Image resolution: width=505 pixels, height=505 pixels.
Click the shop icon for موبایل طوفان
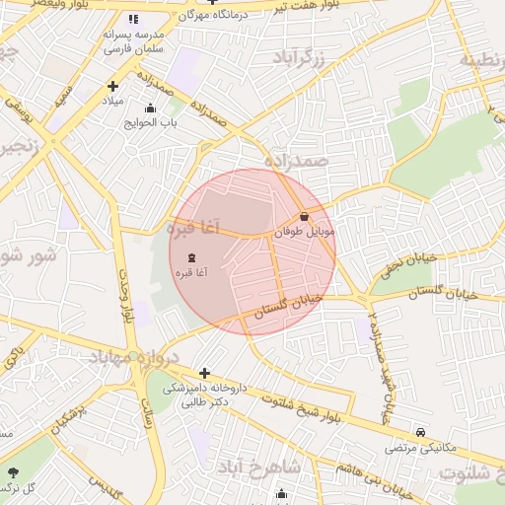coord(304,216)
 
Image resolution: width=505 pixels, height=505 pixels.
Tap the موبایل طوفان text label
coord(305,231)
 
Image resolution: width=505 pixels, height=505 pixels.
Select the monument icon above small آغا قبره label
coord(190,256)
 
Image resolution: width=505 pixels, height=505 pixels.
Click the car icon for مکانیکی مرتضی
coord(421,432)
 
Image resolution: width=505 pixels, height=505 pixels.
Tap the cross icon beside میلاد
coord(113,86)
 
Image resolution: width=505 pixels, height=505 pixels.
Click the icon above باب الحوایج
coord(150,108)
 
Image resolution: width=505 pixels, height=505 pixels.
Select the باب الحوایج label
coord(150,123)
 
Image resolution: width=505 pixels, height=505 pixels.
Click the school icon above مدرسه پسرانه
coord(133,19)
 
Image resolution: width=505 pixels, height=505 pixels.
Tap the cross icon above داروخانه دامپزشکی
coord(204,373)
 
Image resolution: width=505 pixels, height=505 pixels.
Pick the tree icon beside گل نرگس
coord(14,472)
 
